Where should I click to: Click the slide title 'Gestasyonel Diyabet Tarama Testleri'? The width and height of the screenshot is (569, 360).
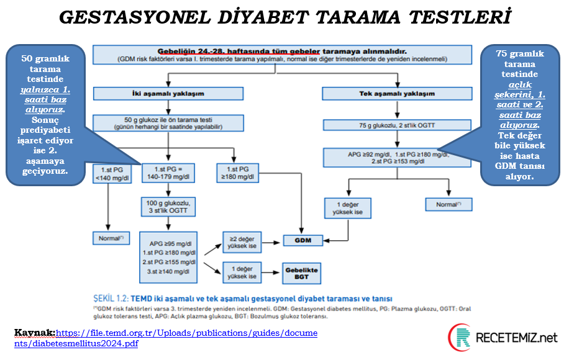(284, 17)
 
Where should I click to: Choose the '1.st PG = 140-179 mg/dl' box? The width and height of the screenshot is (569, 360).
(168, 173)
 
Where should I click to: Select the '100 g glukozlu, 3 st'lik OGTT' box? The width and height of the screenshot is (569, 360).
(168, 207)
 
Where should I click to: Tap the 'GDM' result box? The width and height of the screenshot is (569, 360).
(303, 240)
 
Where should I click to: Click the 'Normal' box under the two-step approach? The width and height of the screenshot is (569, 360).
(109, 238)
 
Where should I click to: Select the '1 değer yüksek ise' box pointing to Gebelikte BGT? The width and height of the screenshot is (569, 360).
(244, 271)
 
